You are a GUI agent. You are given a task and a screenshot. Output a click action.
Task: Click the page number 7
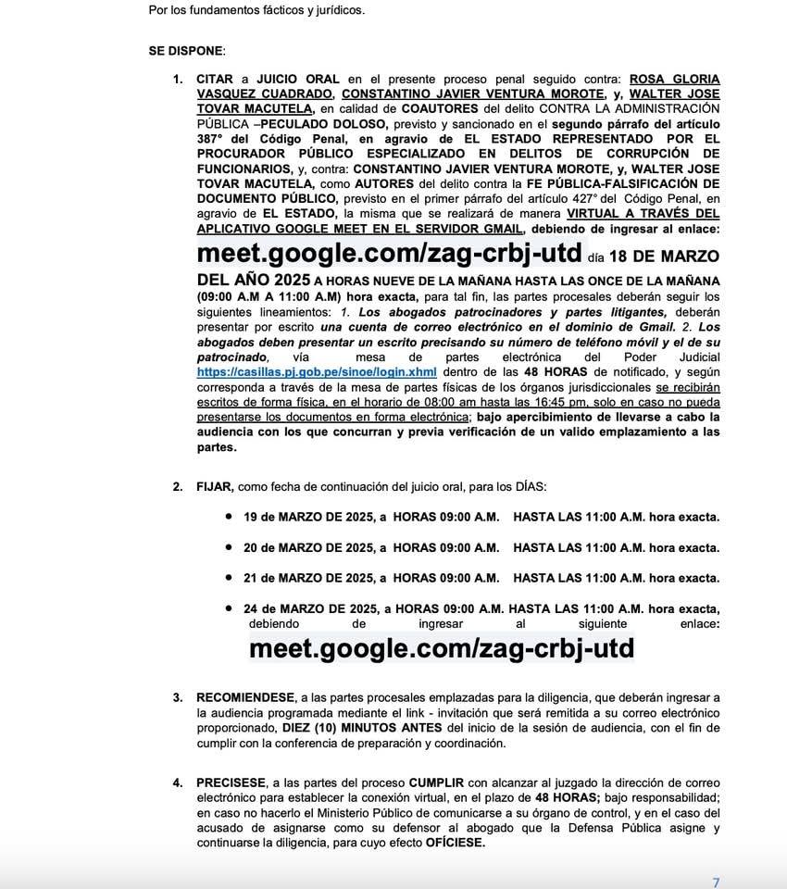[715, 882]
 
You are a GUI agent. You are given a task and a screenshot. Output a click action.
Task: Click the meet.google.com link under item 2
[442, 648]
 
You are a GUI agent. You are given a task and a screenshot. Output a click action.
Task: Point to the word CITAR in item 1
[215, 81]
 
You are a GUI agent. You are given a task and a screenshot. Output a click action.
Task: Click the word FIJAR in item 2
[216, 487]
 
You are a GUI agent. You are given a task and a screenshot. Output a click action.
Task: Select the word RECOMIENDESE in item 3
[244, 696]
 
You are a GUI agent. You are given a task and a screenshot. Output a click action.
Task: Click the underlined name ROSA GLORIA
[674, 81]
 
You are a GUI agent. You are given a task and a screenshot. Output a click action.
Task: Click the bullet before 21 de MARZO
[228, 578]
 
